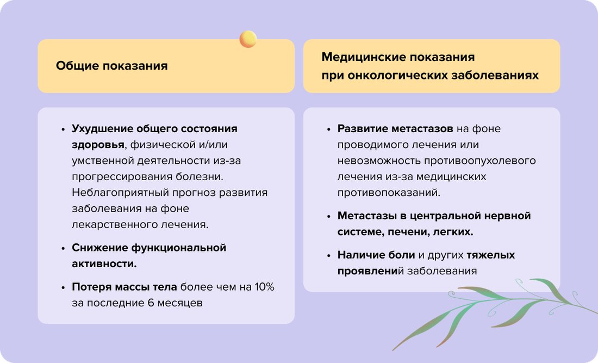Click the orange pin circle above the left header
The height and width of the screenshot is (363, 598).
(x=248, y=39)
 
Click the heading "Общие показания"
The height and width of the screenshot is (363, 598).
(x=111, y=66)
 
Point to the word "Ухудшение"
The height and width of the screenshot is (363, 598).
(x=101, y=129)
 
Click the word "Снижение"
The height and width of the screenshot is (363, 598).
(x=99, y=248)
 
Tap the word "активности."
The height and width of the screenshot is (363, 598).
(x=104, y=264)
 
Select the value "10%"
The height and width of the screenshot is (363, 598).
(x=263, y=287)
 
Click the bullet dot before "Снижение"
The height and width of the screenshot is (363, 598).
(x=63, y=248)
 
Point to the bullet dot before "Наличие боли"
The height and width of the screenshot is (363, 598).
(x=329, y=255)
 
